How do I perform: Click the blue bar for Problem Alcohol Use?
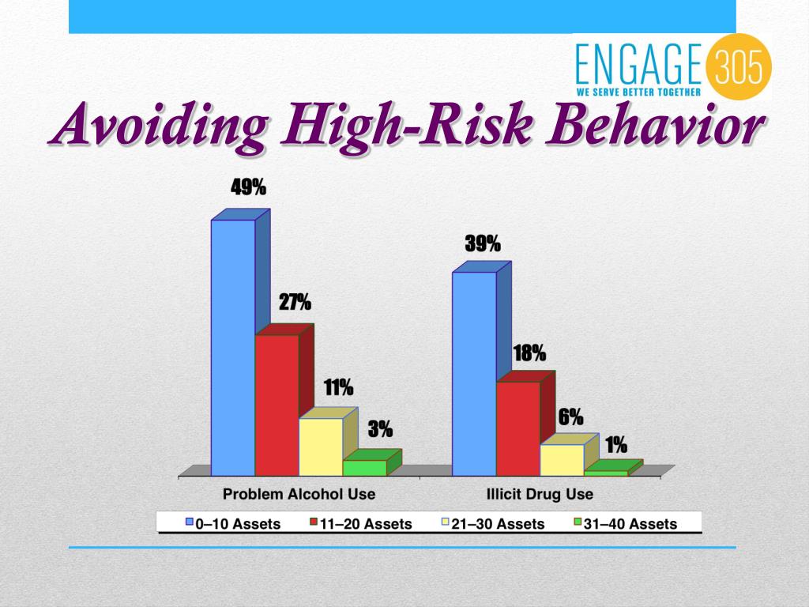tap(233, 348)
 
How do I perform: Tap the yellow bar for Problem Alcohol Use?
tap(321, 447)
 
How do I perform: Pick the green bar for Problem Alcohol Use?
tap(364, 467)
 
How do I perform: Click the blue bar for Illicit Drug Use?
tap(474, 373)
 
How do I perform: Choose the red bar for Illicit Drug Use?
tap(518, 428)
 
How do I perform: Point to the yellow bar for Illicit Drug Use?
tap(562, 459)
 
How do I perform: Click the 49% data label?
tap(248, 187)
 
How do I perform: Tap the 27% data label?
tap(294, 302)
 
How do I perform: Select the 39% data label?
tap(482, 244)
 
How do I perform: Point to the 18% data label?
tap(529, 353)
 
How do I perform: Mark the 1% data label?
tap(616, 445)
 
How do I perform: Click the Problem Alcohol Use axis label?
tap(299, 495)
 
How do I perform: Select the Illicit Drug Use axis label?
tap(540, 495)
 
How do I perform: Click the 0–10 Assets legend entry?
tap(233, 523)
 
